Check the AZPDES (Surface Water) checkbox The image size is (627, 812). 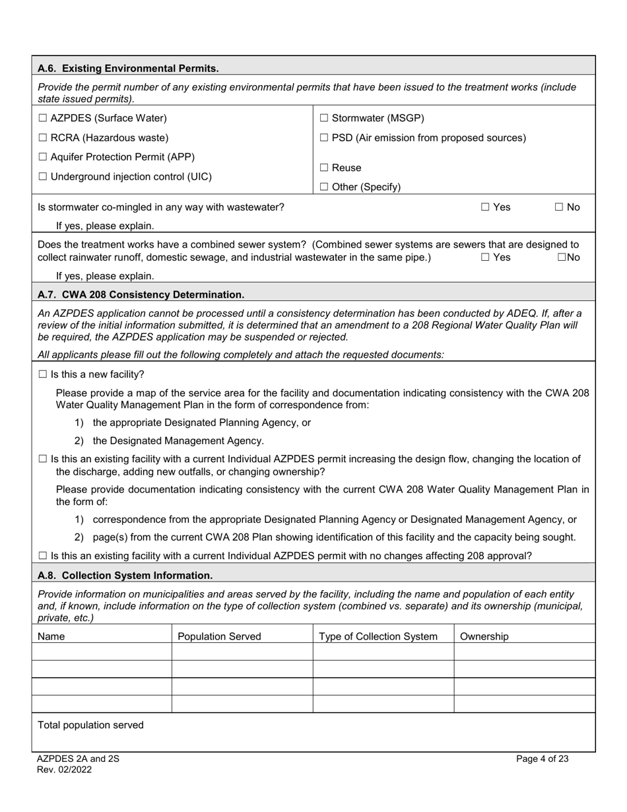click(43, 118)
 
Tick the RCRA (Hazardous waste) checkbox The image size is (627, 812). click(43, 138)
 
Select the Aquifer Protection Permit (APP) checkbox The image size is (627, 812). click(43, 157)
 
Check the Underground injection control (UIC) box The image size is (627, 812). click(43, 177)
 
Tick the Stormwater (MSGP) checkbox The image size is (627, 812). click(324, 118)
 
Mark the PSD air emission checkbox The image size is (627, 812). click(324, 138)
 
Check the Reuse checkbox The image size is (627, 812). click(324, 168)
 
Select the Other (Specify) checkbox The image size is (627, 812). click(324, 187)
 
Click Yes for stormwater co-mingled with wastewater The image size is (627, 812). click(485, 207)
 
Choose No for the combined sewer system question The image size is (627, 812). click(562, 257)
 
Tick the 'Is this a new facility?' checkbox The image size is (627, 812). click(43, 374)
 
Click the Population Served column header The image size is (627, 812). click(219, 636)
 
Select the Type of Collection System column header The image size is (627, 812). click(378, 636)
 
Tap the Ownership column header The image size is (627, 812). click(484, 636)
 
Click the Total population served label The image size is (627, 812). click(90, 725)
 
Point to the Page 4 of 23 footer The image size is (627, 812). click(542, 759)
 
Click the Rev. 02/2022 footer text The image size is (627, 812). click(65, 770)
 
